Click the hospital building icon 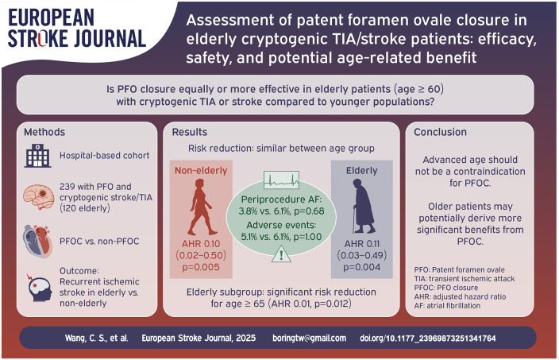(x=38, y=156)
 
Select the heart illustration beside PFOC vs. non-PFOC (x=38, y=241)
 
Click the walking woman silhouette (x=202, y=207)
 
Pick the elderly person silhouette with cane (x=364, y=206)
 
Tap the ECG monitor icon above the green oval (x=281, y=180)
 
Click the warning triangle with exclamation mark (x=281, y=254)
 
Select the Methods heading (x=44, y=132)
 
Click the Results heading (x=190, y=132)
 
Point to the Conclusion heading (x=440, y=132)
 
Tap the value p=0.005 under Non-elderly (x=201, y=267)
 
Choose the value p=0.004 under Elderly (x=362, y=267)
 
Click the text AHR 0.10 (x=201, y=244)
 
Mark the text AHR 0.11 (x=362, y=244)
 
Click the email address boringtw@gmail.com (x=310, y=338)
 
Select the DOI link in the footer (x=428, y=338)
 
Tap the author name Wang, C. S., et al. (x=96, y=338)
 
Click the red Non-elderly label (x=201, y=171)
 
